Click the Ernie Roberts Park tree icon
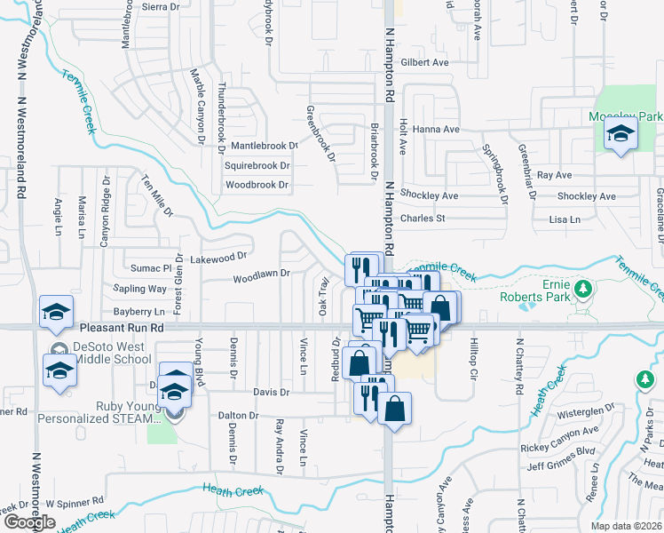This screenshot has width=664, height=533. pos(583,289)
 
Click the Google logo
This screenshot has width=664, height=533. pos(29,522)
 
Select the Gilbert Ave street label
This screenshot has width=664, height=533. pos(424,62)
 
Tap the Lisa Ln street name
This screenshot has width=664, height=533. pos(565,219)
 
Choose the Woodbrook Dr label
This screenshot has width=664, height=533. pos(257,186)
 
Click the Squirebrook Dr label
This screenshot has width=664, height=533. pos(257,165)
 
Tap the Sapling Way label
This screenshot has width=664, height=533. pos(139,289)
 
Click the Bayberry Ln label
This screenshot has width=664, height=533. pos(139,312)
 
